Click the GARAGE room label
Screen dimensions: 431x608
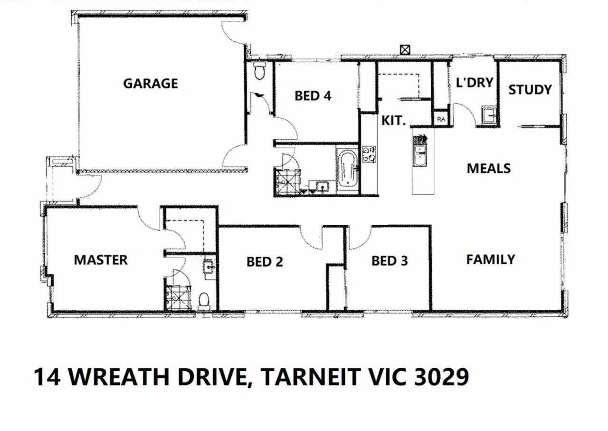pyautogui.click(x=151, y=84)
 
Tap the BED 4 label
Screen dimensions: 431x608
pyautogui.click(x=313, y=96)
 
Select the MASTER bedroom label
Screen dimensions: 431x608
pyautogui.click(x=101, y=260)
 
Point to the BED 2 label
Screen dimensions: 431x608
pyautogui.click(x=265, y=261)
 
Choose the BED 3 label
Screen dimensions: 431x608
pyautogui.click(x=389, y=260)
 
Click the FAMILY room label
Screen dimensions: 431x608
pyautogui.click(x=490, y=259)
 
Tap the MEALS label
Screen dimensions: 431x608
pyautogui.click(x=489, y=168)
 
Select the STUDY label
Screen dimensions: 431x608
pyautogui.click(x=530, y=89)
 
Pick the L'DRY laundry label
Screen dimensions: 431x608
pyautogui.click(x=475, y=82)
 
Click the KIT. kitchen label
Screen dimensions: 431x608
pyautogui.click(x=394, y=120)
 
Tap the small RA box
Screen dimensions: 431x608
pyautogui.click(x=441, y=119)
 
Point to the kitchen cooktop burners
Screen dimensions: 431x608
pyautogui.click(x=369, y=154)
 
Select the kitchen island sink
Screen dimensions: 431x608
pyautogui.click(x=420, y=155)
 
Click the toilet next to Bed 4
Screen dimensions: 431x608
pyautogui.click(x=259, y=72)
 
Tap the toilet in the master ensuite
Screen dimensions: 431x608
pyautogui.click(x=204, y=299)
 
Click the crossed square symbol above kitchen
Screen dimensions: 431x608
pyautogui.click(x=405, y=49)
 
